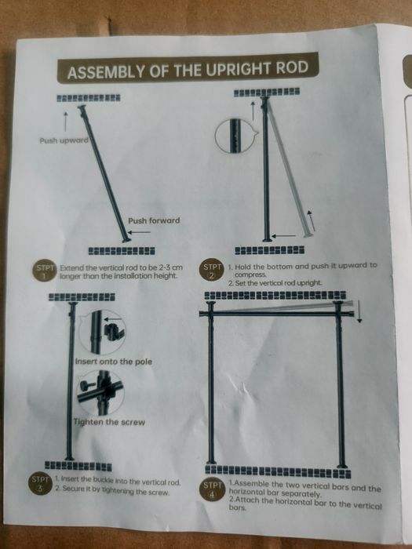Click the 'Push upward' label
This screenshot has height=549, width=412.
64,140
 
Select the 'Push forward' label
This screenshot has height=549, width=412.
154,220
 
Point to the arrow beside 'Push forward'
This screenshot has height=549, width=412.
139,232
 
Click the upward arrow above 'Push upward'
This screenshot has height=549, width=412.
65,122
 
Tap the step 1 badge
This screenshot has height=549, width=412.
45,271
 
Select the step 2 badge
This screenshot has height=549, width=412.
212,271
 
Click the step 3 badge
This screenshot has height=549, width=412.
40,484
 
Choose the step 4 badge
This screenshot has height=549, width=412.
212,489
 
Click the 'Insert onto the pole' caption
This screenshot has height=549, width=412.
114,362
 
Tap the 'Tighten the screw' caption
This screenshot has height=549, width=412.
109,422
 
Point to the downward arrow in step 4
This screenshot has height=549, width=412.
359,311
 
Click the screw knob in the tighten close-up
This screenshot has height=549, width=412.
85,387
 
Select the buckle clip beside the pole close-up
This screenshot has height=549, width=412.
112,331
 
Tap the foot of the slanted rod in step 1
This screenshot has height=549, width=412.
126,239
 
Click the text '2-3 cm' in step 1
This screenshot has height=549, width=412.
170,267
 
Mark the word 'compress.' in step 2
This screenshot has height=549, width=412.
250,274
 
